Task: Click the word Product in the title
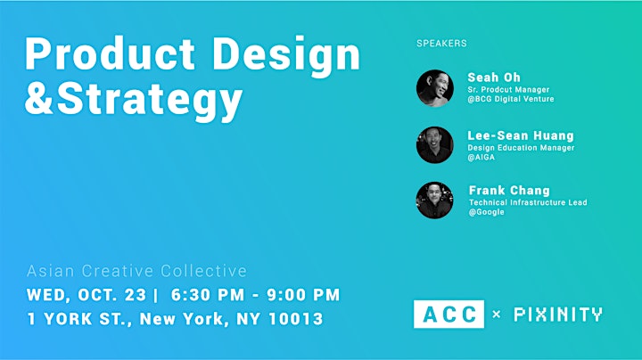point(111,54)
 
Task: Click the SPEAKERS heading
point(441,44)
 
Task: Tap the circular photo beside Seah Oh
point(435,88)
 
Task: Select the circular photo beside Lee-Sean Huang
point(435,145)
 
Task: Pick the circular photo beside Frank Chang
point(435,200)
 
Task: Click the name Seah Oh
point(494,78)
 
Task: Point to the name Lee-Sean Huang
point(521,135)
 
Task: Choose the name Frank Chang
point(509,190)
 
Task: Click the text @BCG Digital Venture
point(511,99)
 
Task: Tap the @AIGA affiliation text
point(481,157)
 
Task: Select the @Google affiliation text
point(487,212)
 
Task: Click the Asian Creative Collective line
point(136,271)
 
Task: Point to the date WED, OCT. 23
point(86,295)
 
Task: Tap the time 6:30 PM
point(208,295)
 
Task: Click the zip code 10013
point(296,319)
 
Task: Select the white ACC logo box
point(449,315)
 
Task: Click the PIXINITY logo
point(558,315)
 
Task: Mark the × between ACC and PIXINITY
point(497,315)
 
